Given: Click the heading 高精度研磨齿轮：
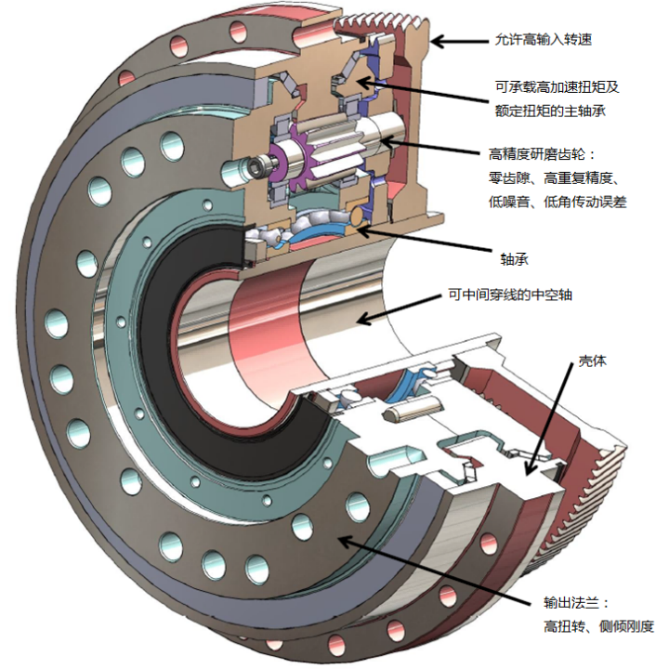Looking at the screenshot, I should (540, 153).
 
